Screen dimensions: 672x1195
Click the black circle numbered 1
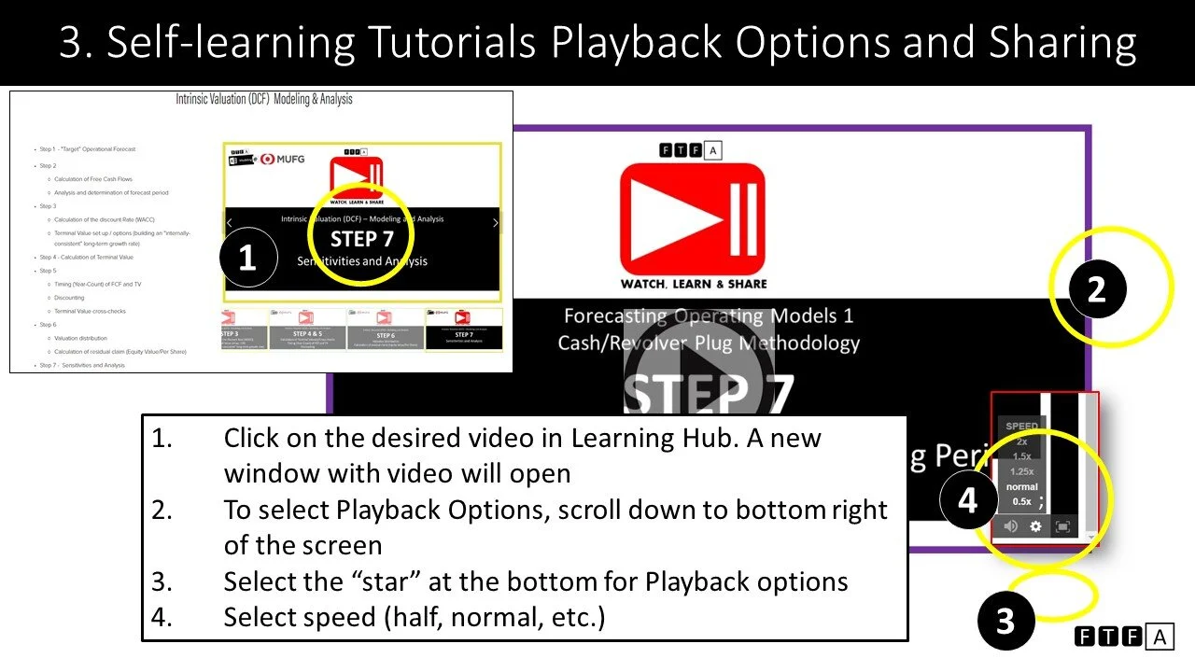(x=247, y=259)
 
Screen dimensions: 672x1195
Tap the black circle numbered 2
(x=1096, y=290)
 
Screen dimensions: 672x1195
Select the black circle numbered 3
(x=1005, y=622)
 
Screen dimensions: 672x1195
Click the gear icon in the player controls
(x=1035, y=526)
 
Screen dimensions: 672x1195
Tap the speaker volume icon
(x=1010, y=526)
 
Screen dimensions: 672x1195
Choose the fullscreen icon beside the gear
(x=1062, y=526)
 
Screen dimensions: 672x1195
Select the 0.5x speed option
(x=1021, y=502)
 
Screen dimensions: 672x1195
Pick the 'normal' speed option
(x=1021, y=487)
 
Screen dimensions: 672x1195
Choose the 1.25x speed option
(x=1021, y=472)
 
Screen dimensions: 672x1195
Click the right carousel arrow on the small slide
(x=495, y=223)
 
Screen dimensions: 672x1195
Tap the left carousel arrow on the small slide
(x=230, y=223)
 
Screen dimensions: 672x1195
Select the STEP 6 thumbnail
(x=386, y=329)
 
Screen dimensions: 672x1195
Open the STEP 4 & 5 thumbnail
(x=307, y=329)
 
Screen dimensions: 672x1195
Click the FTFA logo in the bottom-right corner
(x=1123, y=637)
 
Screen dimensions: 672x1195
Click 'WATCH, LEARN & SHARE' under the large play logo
(x=694, y=284)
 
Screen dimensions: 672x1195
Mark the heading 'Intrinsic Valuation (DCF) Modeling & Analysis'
(x=264, y=99)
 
